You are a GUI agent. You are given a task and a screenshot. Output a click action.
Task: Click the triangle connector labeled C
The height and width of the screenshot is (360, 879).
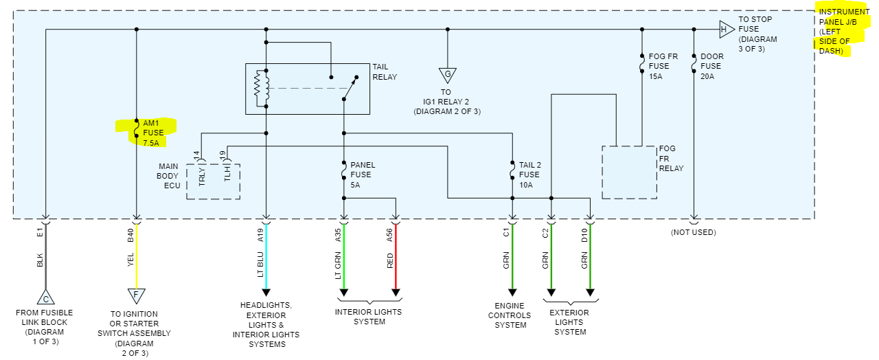point(45,298)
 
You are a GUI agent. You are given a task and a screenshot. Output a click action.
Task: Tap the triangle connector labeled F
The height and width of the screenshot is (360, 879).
point(137,296)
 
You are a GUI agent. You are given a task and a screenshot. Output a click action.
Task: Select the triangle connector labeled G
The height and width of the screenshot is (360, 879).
point(448,75)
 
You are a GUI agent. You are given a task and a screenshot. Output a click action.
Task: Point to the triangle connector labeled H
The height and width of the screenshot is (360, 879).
point(725,30)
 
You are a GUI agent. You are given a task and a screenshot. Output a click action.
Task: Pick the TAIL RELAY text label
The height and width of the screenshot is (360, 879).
point(385,71)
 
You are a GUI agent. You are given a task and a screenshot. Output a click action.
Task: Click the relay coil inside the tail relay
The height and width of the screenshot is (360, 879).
point(260,87)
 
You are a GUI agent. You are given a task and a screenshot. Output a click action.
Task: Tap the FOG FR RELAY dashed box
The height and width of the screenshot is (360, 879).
point(628,172)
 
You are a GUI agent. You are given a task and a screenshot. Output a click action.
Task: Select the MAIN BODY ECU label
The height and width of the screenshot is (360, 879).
point(168,176)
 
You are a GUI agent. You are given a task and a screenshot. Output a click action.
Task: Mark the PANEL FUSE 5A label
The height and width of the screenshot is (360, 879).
point(363,175)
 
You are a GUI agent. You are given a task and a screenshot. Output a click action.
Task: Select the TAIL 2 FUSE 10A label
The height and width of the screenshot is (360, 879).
point(529,175)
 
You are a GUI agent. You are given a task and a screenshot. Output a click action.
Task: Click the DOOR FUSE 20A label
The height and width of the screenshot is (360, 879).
point(711,67)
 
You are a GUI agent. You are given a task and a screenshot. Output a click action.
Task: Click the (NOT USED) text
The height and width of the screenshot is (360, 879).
point(694,232)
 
